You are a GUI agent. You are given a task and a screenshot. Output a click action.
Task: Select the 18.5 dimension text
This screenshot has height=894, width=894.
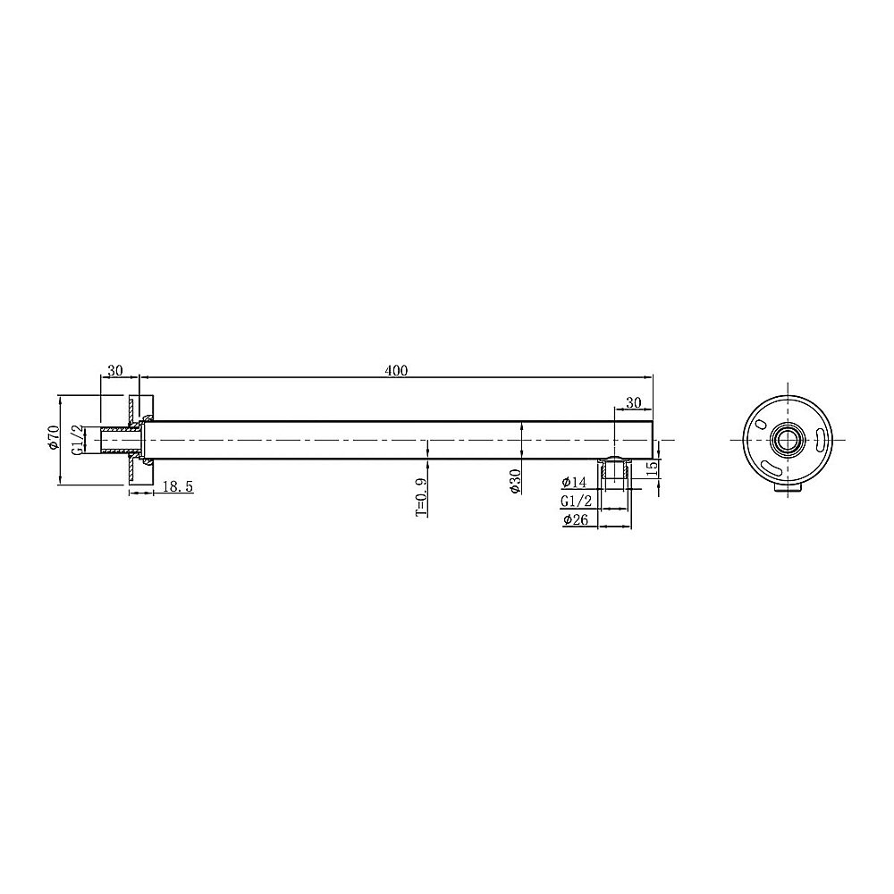point(179,485)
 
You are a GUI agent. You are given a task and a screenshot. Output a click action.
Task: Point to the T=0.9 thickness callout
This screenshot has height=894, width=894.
point(421,496)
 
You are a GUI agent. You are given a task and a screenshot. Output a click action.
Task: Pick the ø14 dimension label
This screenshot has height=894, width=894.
point(576,483)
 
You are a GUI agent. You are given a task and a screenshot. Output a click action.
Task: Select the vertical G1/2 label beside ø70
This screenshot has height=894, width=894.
point(79,440)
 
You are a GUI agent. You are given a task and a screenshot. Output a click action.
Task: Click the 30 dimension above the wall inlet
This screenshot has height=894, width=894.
point(115,370)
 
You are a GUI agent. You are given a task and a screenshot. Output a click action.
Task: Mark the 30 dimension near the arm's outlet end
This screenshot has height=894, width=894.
point(633,403)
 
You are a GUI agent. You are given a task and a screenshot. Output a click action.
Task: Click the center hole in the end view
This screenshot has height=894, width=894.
point(788,440)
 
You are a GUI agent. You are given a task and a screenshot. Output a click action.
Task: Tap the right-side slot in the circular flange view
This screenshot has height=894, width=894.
point(819,437)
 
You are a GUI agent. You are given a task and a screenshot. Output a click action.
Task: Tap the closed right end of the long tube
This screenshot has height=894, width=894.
point(654,441)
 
